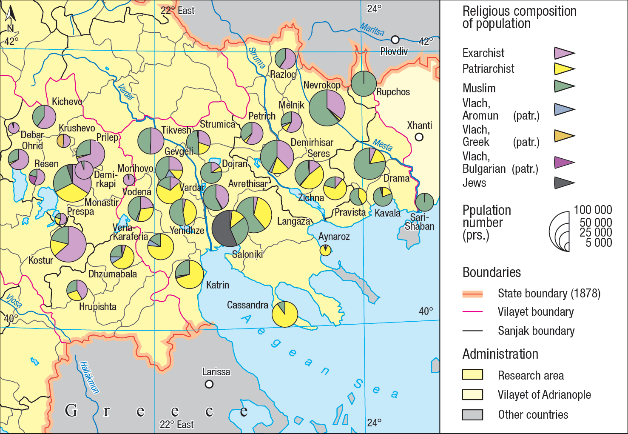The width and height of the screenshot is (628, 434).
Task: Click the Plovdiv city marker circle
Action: (x=395, y=40)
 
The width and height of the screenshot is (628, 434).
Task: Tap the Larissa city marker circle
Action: (x=209, y=384)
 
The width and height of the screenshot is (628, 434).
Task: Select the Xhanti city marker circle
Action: (x=419, y=137)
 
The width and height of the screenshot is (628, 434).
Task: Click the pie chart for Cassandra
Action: (x=284, y=314)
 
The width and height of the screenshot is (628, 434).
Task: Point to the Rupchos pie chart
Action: (x=364, y=83)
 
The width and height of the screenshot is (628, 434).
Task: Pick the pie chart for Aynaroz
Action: (x=325, y=250)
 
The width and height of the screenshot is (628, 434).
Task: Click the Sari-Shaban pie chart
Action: (x=424, y=202)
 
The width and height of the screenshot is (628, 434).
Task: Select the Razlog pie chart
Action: (x=285, y=59)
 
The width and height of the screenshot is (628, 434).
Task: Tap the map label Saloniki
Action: (x=247, y=254)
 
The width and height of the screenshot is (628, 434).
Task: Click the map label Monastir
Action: (x=101, y=203)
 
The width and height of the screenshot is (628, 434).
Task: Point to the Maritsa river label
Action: (x=372, y=29)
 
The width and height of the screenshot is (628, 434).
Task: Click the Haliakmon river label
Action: (x=89, y=377)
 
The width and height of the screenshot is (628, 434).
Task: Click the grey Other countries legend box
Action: (x=472, y=414)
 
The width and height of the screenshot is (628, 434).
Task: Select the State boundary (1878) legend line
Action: (x=472, y=294)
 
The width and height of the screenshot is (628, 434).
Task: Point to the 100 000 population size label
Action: (x=593, y=210)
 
